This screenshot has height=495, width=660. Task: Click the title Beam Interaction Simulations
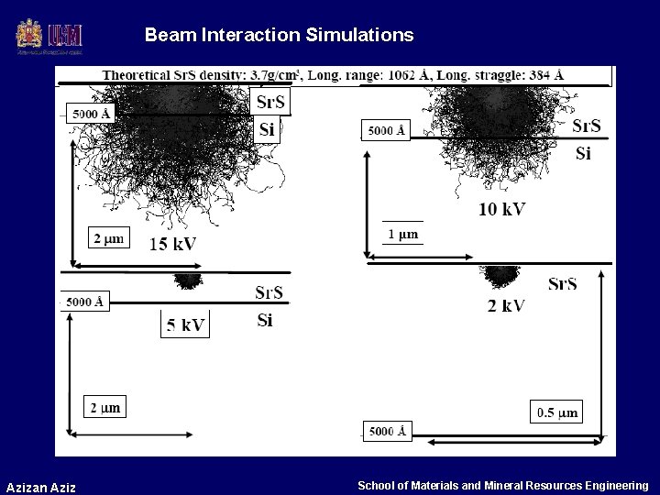(279, 36)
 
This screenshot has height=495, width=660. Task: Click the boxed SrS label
(269, 102)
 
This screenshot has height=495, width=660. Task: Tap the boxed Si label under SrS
(267, 130)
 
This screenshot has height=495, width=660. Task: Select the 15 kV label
(171, 243)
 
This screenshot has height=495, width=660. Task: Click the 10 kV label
(501, 209)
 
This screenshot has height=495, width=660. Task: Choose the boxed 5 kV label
(185, 324)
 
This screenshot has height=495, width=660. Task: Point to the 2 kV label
(505, 305)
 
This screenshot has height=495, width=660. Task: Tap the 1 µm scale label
(403, 234)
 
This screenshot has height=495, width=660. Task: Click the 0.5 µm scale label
(556, 412)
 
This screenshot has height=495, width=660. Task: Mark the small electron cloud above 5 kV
(189, 280)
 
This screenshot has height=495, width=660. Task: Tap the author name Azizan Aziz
(40, 486)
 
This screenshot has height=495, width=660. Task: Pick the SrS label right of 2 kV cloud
(563, 283)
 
